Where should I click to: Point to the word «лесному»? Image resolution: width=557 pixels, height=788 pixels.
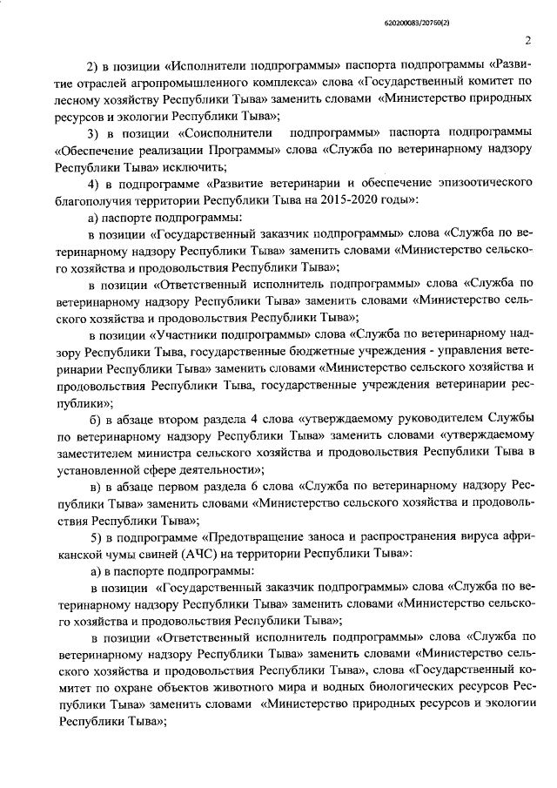point(80,99)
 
